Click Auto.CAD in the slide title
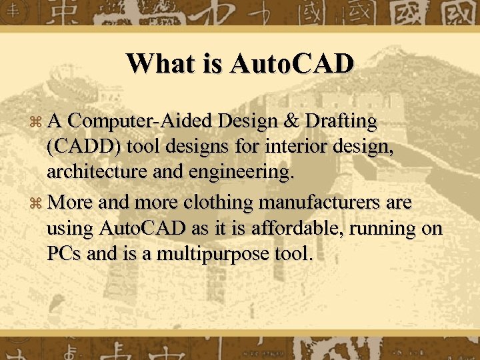(291, 63)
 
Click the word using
(70, 229)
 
